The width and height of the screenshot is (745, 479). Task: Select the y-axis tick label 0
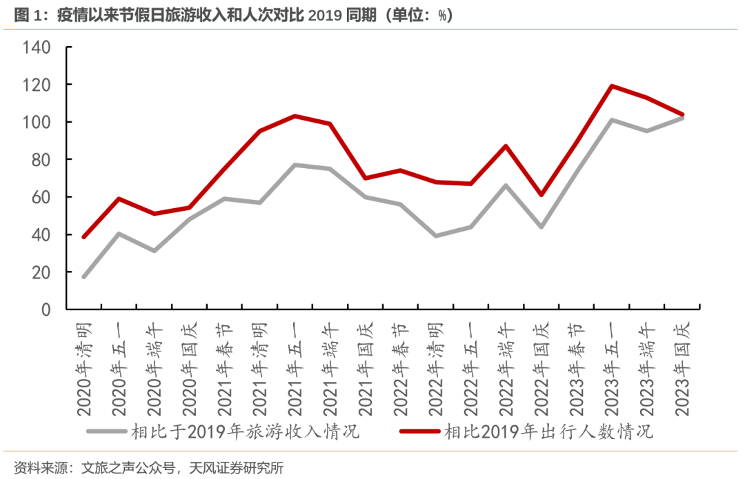(46, 310)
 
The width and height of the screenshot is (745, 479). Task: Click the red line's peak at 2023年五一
(612, 86)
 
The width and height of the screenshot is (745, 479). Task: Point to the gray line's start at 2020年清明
(84, 277)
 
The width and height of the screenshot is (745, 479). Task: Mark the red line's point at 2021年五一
(295, 116)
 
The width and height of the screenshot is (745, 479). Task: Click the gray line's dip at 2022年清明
(435, 236)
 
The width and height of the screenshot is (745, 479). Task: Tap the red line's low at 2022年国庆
(541, 195)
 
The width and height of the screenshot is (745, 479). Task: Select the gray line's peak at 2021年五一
(295, 165)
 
